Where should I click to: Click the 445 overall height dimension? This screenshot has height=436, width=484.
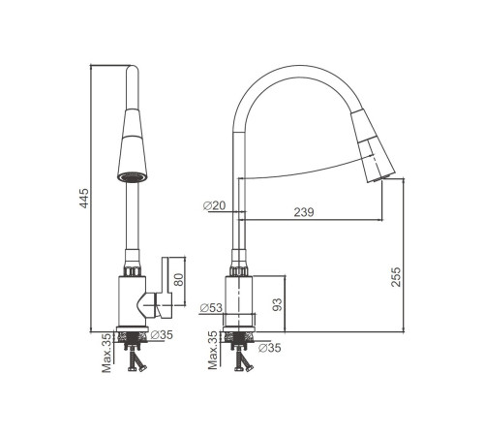click(x=84, y=198)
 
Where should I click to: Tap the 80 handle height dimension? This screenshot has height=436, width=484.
click(x=178, y=280)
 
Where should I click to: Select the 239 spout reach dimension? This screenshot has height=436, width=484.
click(x=304, y=212)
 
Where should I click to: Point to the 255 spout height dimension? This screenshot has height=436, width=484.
click(x=396, y=277)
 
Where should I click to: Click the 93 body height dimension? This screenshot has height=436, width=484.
click(x=277, y=304)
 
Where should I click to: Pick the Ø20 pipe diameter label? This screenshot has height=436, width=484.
click(x=215, y=205)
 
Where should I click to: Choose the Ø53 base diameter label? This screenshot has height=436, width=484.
click(x=211, y=308)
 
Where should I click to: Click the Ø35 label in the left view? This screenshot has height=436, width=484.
click(x=162, y=335)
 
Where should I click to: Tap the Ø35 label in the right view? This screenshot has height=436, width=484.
click(x=270, y=348)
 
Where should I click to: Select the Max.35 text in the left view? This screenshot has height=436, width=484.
click(x=106, y=353)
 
